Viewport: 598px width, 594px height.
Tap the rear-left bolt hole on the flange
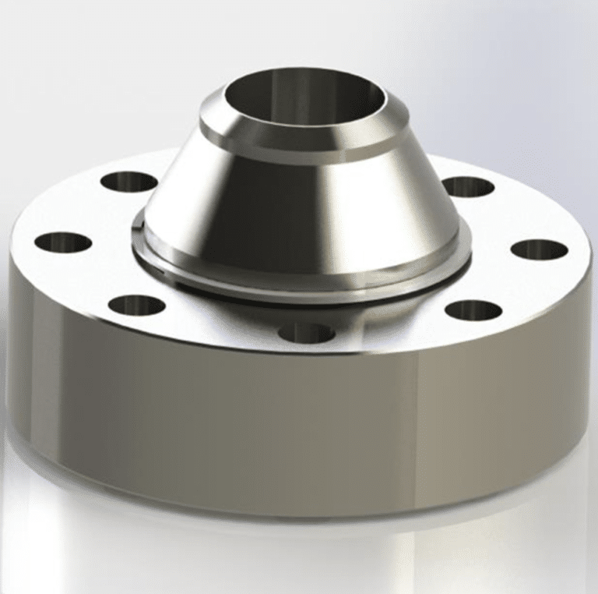[x=128, y=182]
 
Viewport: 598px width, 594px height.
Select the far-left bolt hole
[x=63, y=242]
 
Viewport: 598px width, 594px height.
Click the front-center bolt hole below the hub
[x=306, y=333]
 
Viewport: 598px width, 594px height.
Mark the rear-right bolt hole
[x=467, y=187]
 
